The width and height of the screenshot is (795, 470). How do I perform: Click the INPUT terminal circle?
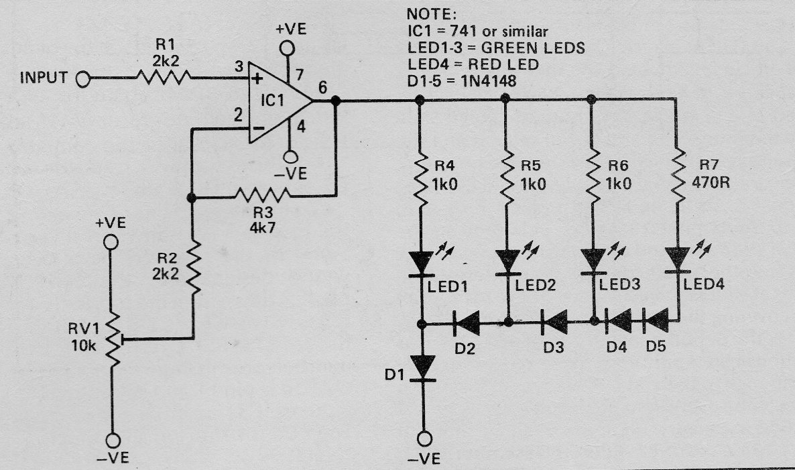click(83, 79)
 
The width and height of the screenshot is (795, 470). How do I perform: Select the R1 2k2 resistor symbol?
click(164, 78)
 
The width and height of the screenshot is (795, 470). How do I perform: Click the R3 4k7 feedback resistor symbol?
click(263, 194)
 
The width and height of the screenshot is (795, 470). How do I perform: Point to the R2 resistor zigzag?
click(194, 268)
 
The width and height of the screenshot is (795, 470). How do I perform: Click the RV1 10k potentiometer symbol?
click(113, 339)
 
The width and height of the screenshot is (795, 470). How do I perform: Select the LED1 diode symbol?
click(422, 263)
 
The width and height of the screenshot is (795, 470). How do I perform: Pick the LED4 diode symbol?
click(678, 260)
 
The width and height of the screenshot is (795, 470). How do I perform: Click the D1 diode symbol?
click(423, 367)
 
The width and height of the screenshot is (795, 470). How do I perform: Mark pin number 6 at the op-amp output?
click(322, 87)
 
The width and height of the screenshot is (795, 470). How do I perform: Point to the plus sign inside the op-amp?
click(257, 79)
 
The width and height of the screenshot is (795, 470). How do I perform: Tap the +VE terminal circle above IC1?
click(287, 49)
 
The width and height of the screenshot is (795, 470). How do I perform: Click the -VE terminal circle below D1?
click(424, 438)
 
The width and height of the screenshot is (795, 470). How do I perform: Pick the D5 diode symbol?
click(656, 321)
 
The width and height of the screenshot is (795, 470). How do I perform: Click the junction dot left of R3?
click(191, 198)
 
